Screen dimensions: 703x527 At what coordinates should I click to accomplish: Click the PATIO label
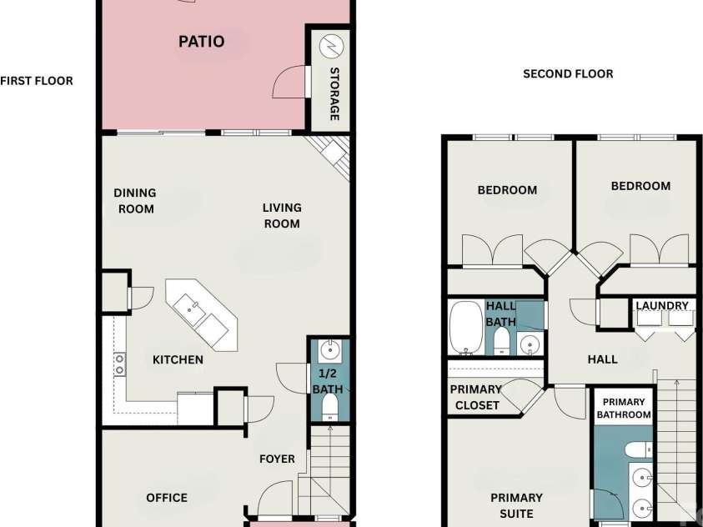pos(201,42)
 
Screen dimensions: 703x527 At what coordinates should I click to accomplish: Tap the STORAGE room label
pos(334,93)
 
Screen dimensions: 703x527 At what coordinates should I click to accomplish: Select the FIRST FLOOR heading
pos(37,81)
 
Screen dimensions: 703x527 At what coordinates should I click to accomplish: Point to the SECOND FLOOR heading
pos(568,74)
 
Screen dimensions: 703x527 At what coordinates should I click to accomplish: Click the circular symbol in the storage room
pos(331,46)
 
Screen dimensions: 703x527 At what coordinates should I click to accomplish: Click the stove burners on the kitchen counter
pos(119,364)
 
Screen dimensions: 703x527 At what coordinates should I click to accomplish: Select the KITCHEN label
pos(178,360)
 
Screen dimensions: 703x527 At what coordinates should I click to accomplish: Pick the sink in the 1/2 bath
pos(329,349)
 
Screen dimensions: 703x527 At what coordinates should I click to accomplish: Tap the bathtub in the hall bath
pos(466,327)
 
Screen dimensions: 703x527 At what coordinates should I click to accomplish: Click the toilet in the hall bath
pos(501,340)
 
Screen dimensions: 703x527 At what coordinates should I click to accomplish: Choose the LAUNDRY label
pos(662,306)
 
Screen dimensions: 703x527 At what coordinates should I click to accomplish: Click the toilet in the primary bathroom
pos(639,449)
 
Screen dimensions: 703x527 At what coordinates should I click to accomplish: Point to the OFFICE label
pos(167,498)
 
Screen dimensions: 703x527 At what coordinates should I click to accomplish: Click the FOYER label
pos(277,459)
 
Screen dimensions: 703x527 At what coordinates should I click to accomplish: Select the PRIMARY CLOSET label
pos(476,397)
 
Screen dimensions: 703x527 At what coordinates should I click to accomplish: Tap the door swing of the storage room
pos(289,82)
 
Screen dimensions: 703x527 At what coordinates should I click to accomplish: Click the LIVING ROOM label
pos(282,215)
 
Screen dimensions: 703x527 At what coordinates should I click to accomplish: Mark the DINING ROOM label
pos(135,201)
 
